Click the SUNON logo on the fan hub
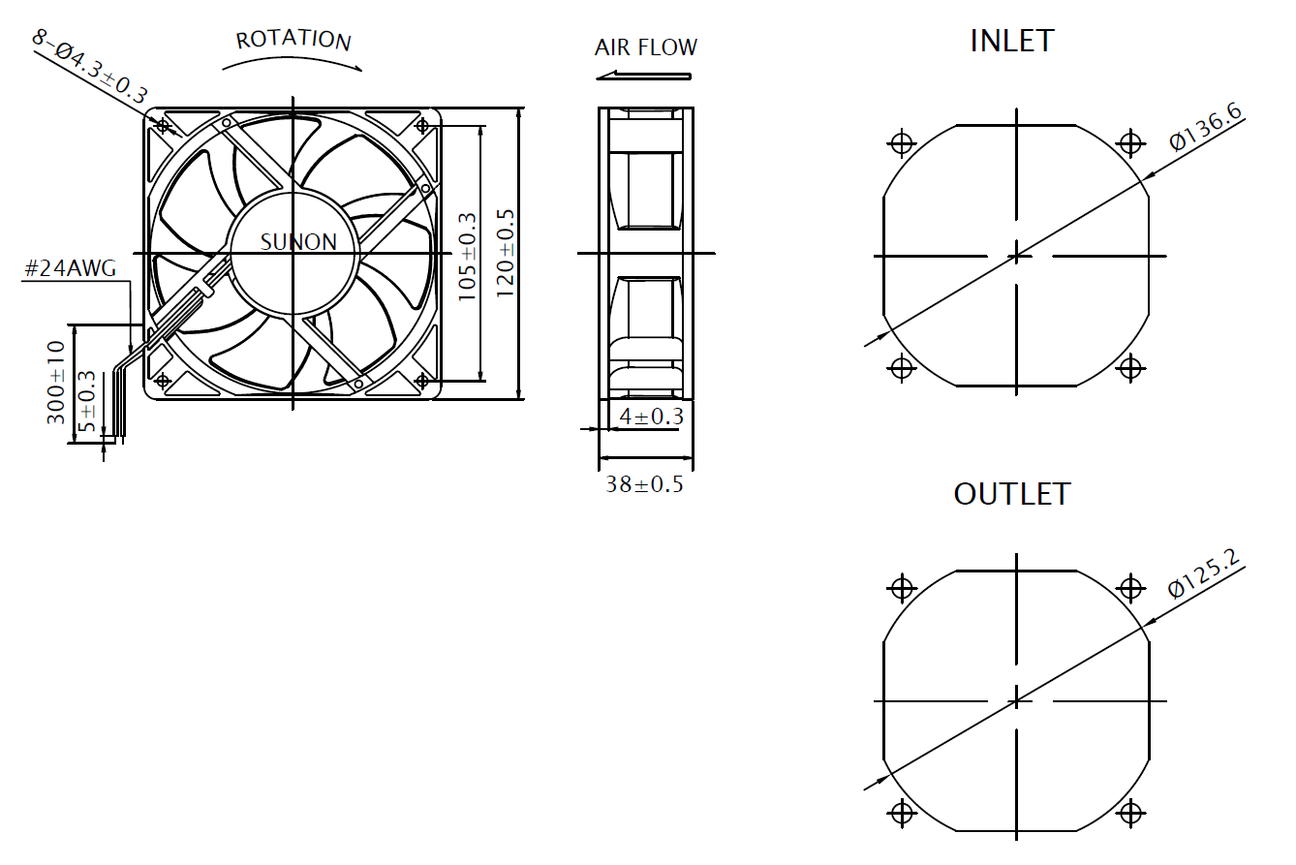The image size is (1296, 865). point(298,242)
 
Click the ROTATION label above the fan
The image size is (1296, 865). point(293,40)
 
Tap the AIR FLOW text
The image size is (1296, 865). point(645,47)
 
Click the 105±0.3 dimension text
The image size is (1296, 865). point(468,255)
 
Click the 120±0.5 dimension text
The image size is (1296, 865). point(505,253)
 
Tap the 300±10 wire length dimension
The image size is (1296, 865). point(56,382)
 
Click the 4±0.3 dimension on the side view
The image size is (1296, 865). point(651,417)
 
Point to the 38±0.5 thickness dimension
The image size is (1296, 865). point(644,484)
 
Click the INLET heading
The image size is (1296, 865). point(1011,41)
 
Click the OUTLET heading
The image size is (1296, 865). point(1011,494)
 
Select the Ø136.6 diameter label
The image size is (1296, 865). point(1205,127)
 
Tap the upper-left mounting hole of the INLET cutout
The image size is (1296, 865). point(902,143)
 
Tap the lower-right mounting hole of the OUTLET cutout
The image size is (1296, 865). point(1130,812)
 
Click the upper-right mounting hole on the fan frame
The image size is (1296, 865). point(422,125)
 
